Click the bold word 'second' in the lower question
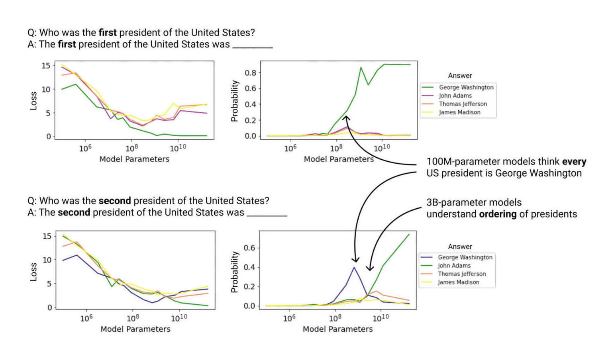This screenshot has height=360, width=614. pyautogui.click(x=115, y=201)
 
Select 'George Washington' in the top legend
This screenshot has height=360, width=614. pyautogui.click(x=466, y=87)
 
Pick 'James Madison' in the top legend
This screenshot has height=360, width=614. pyautogui.click(x=459, y=112)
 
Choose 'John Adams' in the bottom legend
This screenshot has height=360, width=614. pyautogui.click(x=454, y=266)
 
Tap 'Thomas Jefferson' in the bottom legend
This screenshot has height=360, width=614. pyautogui.click(x=461, y=274)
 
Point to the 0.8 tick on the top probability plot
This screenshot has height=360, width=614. pyautogui.click(x=250, y=72)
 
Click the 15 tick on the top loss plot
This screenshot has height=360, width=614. pyautogui.click(x=46, y=66)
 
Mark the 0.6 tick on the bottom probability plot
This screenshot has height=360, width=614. pyautogui.click(x=249, y=248)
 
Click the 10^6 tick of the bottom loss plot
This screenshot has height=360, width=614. pyautogui.click(x=86, y=318)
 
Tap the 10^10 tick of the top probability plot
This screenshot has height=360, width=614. pyautogui.click(x=382, y=148)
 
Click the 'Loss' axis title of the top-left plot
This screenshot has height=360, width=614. pyautogui.click(x=33, y=101)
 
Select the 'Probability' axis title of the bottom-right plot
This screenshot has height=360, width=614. pyautogui.click(x=234, y=272)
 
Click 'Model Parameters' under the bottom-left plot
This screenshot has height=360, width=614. pyautogui.click(x=135, y=329)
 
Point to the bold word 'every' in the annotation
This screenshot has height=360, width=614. pyautogui.click(x=574, y=162)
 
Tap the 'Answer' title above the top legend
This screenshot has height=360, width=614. pyautogui.click(x=460, y=76)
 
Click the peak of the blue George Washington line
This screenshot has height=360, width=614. pyautogui.click(x=354, y=267)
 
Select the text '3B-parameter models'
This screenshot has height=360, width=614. pyautogui.click(x=474, y=202)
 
